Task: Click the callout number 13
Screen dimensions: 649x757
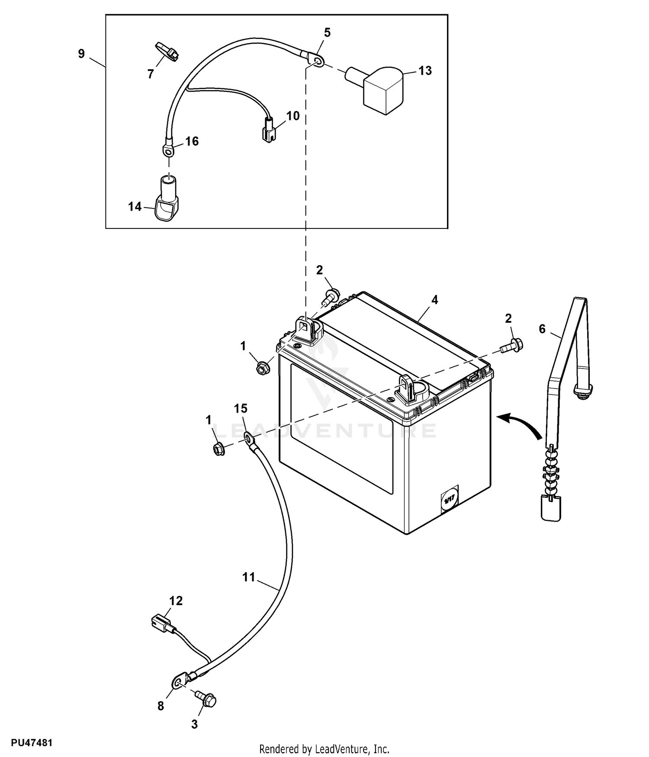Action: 425,71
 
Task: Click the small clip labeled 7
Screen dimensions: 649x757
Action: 167,52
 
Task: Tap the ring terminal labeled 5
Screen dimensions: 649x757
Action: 317,61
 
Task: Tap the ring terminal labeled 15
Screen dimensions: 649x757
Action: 250,440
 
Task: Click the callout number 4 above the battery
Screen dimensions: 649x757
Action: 435,300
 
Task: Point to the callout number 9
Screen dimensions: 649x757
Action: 81,54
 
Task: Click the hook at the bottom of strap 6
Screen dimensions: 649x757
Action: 551,508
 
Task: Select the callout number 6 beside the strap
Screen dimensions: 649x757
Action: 542,329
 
